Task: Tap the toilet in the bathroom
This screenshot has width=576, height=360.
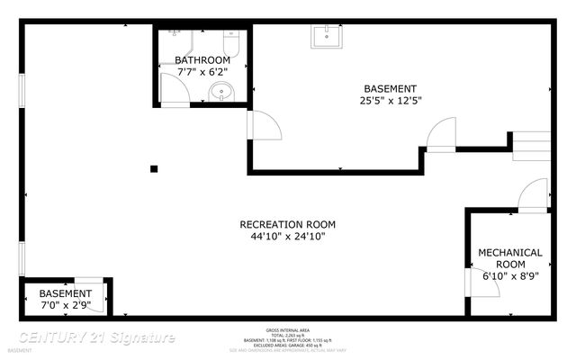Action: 229,42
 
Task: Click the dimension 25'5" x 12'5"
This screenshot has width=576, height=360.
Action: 390,100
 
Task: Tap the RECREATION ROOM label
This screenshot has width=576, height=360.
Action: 287,225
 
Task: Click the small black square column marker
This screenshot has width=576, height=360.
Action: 154,168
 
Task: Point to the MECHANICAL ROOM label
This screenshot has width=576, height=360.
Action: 509,258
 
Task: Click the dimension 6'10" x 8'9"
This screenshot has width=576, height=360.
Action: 509,277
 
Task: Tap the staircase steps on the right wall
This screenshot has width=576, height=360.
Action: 531,146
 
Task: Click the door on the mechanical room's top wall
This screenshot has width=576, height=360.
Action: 534,194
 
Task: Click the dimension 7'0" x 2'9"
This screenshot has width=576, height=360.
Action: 65,305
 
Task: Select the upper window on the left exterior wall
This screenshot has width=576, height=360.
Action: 22,94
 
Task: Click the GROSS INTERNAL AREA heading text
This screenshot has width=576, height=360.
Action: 287,329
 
